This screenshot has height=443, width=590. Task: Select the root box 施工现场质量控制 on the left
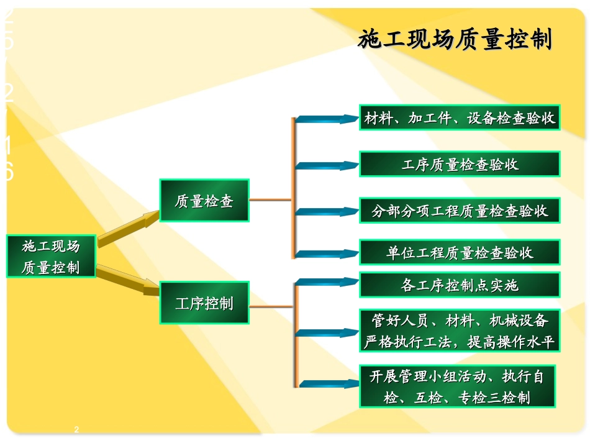(x=51, y=257)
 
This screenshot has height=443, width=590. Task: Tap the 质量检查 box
(x=204, y=201)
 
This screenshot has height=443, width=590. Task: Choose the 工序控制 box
(x=204, y=303)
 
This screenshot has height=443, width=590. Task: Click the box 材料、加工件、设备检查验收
(x=460, y=117)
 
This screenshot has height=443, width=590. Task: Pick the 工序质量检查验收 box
(x=460, y=165)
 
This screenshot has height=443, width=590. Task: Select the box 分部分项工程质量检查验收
(x=460, y=211)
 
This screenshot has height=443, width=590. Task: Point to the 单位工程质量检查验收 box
(x=460, y=252)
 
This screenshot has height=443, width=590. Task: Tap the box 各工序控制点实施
(x=460, y=285)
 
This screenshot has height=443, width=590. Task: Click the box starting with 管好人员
(x=460, y=331)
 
